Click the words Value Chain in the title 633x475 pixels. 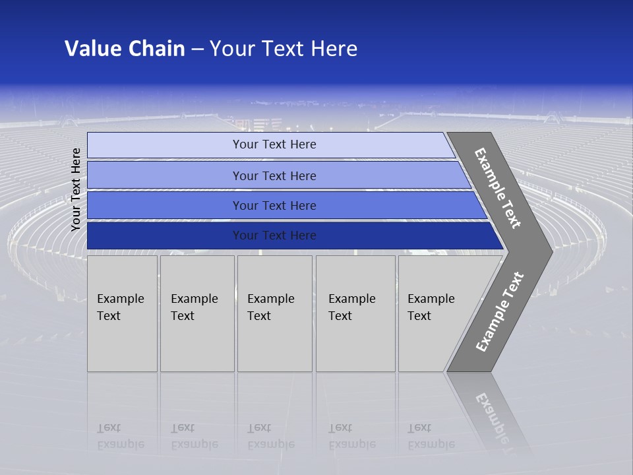[125, 49]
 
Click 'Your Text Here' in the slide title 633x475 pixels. [284, 49]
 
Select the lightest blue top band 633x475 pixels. [165, 145]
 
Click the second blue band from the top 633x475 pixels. [165, 175]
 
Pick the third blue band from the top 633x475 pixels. [165, 205]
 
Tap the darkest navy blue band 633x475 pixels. [165, 236]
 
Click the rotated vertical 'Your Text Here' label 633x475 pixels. [76, 189]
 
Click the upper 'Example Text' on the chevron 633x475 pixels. [498, 188]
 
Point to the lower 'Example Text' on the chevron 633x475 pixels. [500, 312]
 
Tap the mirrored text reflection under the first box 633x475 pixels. [120, 436]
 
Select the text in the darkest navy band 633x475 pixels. [274, 236]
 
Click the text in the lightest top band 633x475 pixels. [274, 144]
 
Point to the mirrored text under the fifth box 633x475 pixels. [431, 436]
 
